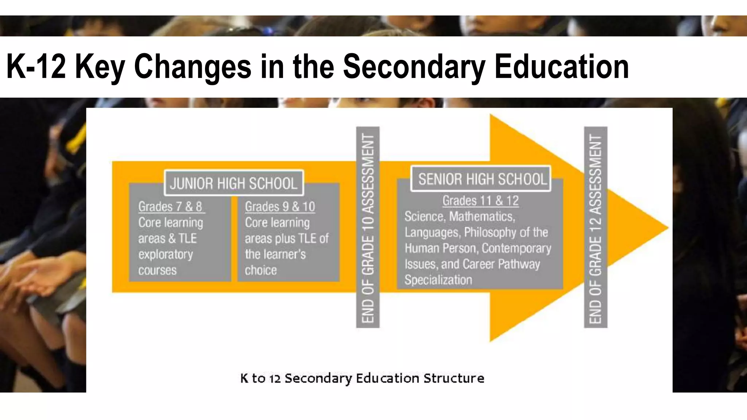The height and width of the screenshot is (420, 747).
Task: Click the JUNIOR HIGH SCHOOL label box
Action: (234, 183)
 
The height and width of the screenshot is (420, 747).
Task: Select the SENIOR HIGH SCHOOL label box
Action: (481, 179)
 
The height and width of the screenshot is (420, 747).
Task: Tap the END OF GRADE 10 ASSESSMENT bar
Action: (368, 227)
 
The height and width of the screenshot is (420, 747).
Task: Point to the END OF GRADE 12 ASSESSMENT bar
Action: (595, 227)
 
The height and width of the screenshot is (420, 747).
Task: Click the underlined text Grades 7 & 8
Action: (170, 207)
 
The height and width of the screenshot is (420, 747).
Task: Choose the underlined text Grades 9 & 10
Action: (280, 207)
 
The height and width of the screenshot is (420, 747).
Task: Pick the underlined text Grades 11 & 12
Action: (480, 201)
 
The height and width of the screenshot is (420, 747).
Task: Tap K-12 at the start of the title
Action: (36, 66)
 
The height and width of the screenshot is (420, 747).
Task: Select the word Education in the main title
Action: (562, 66)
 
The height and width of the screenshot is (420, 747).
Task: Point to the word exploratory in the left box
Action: (166, 254)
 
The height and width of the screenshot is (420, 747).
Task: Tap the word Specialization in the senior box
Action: (438, 280)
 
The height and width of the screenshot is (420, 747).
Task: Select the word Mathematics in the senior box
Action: (482, 217)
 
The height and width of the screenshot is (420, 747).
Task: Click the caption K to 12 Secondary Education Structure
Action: (362, 378)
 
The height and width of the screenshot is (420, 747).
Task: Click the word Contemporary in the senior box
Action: (516, 248)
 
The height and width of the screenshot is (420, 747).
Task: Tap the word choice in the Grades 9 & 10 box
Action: (261, 271)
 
